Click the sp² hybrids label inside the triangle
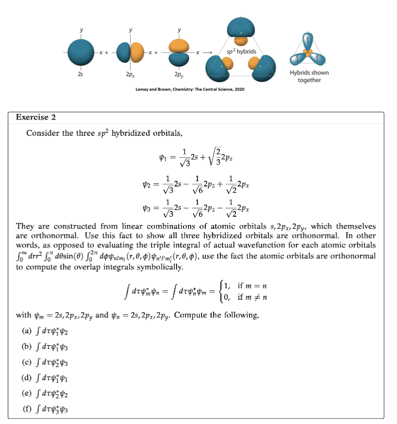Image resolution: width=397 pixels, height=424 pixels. (x=241, y=52)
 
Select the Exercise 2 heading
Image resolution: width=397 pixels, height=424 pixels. (x=36, y=117)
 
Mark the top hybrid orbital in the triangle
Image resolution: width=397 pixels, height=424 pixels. (x=241, y=30)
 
